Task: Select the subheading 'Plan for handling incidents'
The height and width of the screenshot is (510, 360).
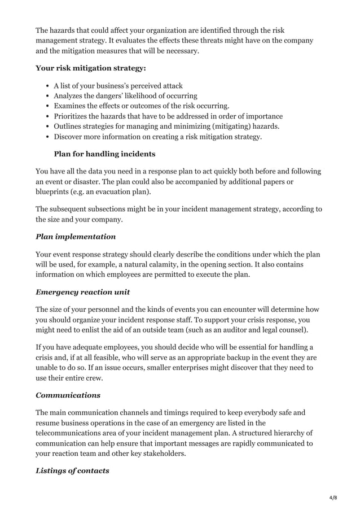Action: tap(104, 154)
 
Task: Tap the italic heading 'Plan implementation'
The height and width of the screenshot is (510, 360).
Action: tap(76, 237)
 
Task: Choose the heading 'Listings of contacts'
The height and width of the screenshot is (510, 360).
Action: tap(72, 470)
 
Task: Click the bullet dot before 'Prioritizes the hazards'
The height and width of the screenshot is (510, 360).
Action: tap(46, 116)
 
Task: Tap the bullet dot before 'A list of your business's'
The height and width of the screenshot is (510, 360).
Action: tap(46, 86)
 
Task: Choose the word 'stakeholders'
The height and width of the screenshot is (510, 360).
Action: tap(157, 454)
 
